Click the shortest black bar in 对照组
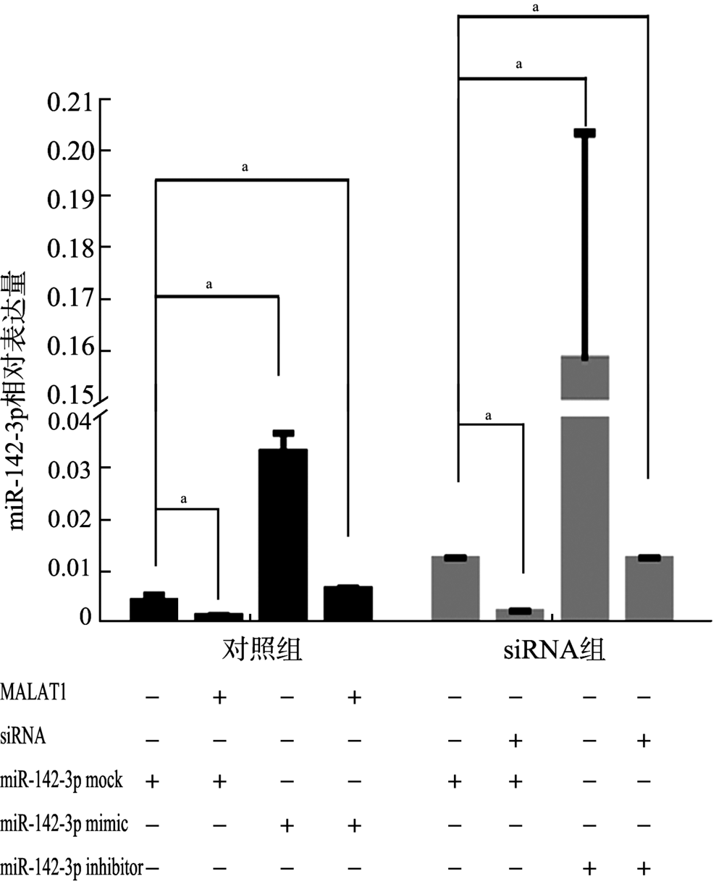point(218,617)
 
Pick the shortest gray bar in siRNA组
point(520,614)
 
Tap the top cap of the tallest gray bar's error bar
point(584,132)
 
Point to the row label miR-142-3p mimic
point(64,823)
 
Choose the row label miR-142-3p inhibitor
point(72,867)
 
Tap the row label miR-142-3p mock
point(62,781)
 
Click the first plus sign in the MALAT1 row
point(219,697)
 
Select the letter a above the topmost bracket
point(536,8)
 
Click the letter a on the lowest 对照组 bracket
point(183,500)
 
